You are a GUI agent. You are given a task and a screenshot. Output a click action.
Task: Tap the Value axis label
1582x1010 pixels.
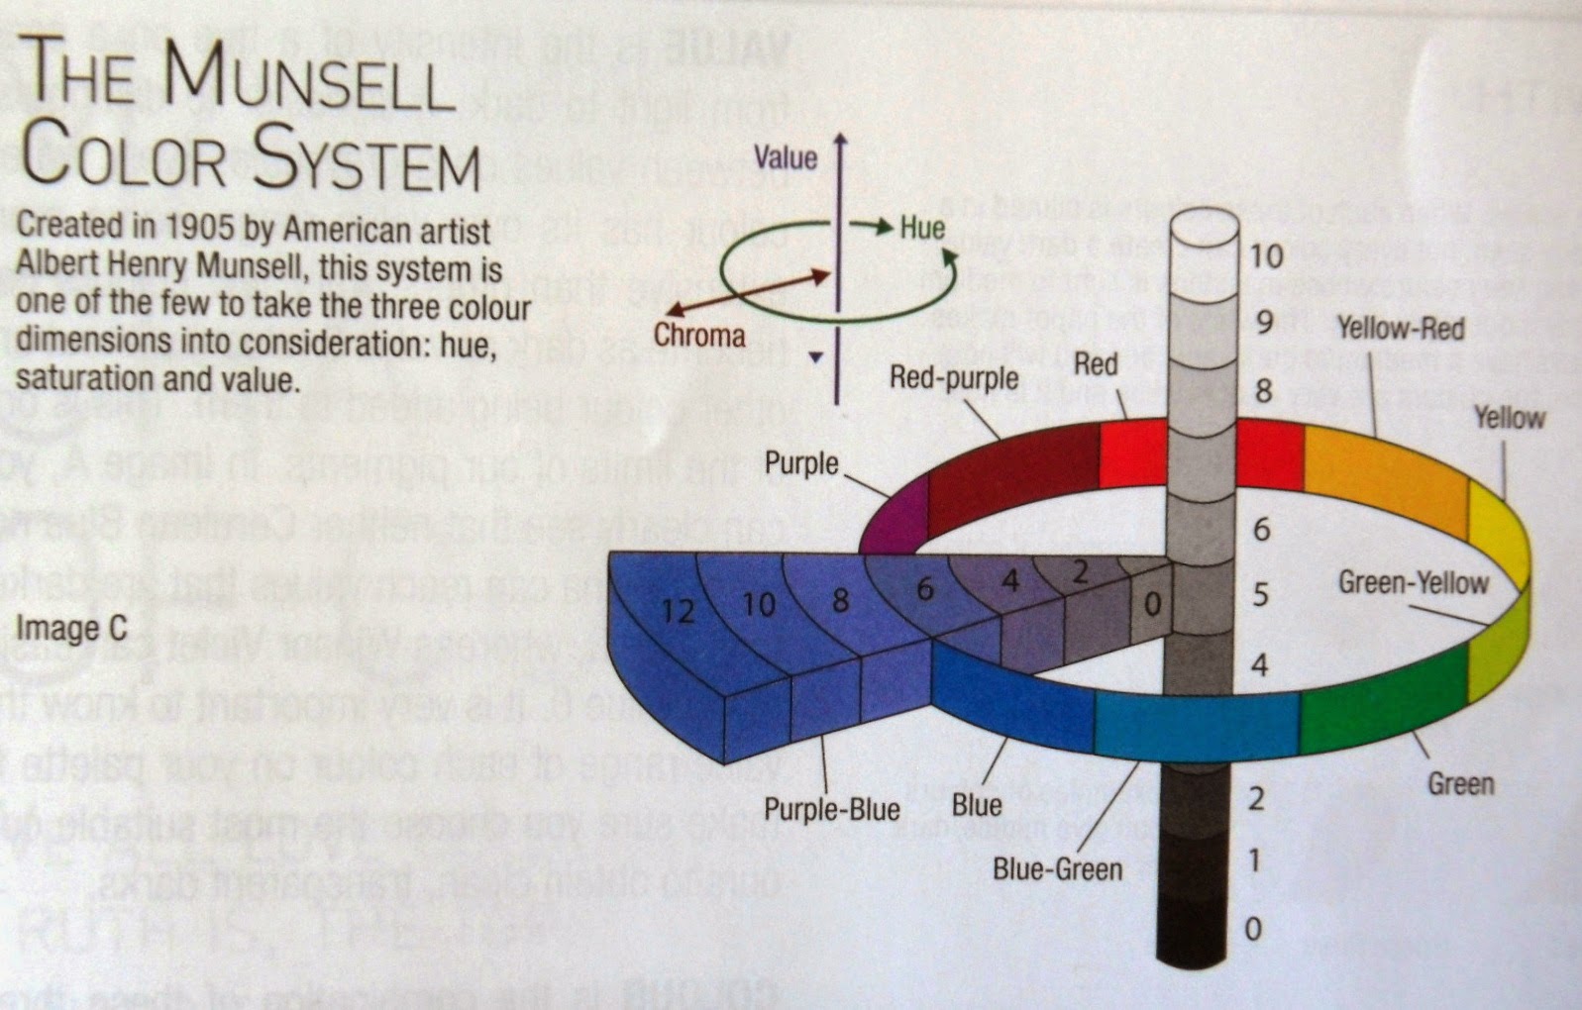coord(785,157)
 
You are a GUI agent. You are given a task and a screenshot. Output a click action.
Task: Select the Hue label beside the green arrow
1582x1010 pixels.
coord(921,228)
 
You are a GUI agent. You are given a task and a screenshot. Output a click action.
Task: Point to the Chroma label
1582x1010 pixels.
coord(698,336)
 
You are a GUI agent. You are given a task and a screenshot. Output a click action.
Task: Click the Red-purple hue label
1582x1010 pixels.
coord(953,377)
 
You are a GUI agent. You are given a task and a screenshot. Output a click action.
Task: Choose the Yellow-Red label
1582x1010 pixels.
coord(1400,328)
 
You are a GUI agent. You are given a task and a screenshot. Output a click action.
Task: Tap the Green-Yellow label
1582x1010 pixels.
coord(1413,582)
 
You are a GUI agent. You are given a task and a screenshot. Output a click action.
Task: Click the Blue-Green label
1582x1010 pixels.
coord(1057,869)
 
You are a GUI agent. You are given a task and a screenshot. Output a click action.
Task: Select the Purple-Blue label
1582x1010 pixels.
coord(831,810)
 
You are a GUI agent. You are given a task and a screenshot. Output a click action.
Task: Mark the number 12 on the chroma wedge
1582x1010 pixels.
coord(678,611)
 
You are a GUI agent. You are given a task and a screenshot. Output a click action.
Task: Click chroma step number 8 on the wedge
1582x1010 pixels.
coord(840,600)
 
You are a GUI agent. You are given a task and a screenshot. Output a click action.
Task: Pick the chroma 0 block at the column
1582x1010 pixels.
coord(1151,603)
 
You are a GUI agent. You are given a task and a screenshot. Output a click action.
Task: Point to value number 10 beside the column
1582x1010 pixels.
coord(1265,256)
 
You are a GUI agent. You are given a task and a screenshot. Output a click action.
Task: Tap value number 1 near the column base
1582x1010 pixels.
coord(1254,859)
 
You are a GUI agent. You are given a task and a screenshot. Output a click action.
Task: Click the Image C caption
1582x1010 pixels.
coord(71,629)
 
